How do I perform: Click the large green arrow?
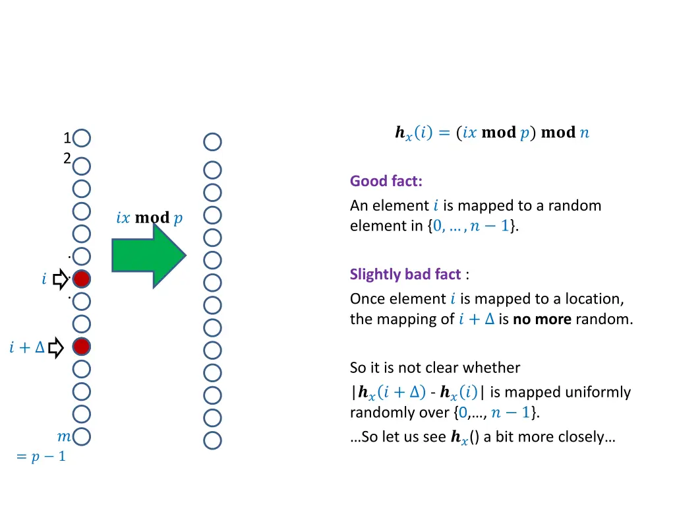click(x=148, y=255)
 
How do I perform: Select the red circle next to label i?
click(x=81, y=279)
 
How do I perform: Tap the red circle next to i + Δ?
click(x=81, y=346)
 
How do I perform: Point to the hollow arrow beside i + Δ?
click(x=55, y=347)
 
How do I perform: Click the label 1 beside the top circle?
click(x=67, y=139)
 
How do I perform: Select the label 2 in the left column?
click(x=67, y=158)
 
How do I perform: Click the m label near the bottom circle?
click(x=64, y=436)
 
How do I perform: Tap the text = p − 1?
click(x=41, y=456)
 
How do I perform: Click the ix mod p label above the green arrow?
click(x=149, y=218)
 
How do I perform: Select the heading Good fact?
click(x=386, y=181)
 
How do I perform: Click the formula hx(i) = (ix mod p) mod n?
click(x=492, y=133)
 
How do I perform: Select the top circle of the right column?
click(x=212, y=142)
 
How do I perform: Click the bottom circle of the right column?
click(x=212, y=440)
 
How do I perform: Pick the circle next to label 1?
click(x=82, y=139)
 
